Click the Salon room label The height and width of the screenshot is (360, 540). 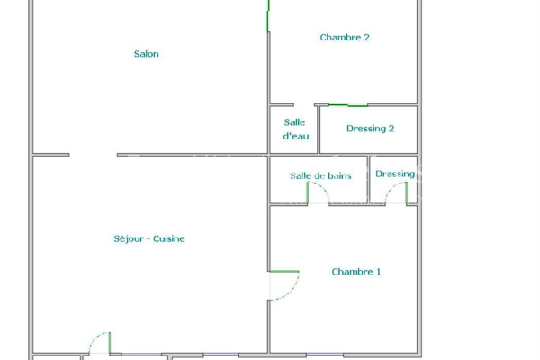click(147, 54)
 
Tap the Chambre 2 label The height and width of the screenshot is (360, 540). click(345, 38)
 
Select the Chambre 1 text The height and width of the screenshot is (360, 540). click(356, 272)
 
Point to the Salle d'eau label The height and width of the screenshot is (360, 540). click(294, 129)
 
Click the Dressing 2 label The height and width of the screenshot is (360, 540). click(370, 129)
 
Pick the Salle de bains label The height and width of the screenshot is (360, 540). click(320, 175)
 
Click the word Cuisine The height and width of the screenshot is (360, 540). click(169, 238)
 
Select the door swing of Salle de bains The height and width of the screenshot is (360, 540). click(319, 192)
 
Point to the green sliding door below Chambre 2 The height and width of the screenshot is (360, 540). click(347, 105)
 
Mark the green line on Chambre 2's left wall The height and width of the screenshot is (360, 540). click(268, 16)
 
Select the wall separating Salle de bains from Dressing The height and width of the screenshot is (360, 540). click(368, 179)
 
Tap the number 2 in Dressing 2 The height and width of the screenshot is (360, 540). click(391, 129)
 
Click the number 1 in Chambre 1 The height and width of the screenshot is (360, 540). click(378, 272)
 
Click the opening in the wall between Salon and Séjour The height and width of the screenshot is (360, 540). click(93, 155)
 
